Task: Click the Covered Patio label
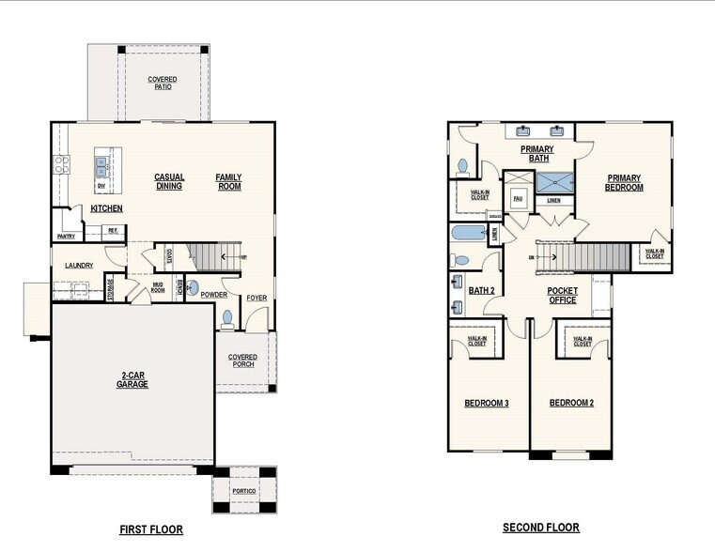pyautogui.click(x=163, y=84)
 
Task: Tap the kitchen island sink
pyautogui.click(x=101, y=167)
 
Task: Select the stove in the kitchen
pyautogui.click(x=61, y=165)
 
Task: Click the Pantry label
pyautogui.click(x=66, y=237)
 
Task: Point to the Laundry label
pyautogui.click(x=79, y=266)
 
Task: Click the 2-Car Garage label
pyautogui.click(x=132, y=380)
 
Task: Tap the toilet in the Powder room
pyautogui.click(x=227, y=318)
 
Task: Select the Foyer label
pyautogui.click(x=256, y=299)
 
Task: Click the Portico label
pyautogui.click(x=244, y=491)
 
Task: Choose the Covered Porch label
pyautogui.click(x=242, y=360)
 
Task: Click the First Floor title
pyautogui.click(x=151, y=529)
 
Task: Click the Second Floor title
pyautogui.click(x=541, y=528)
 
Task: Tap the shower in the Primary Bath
pyautogui.click(x=553, y=183)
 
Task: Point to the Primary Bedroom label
pyautogui.click(x=625, y=182)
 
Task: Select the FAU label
pyautogui.click(x=517, y=198)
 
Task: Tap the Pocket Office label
pyautogui.click(x=563, y=296)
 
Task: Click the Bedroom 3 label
pyautogui.click(x=487, y=404)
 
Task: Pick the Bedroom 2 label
pyautogui.click(x=571, y=404)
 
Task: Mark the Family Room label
pyautogui.click(x=228, y=181)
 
